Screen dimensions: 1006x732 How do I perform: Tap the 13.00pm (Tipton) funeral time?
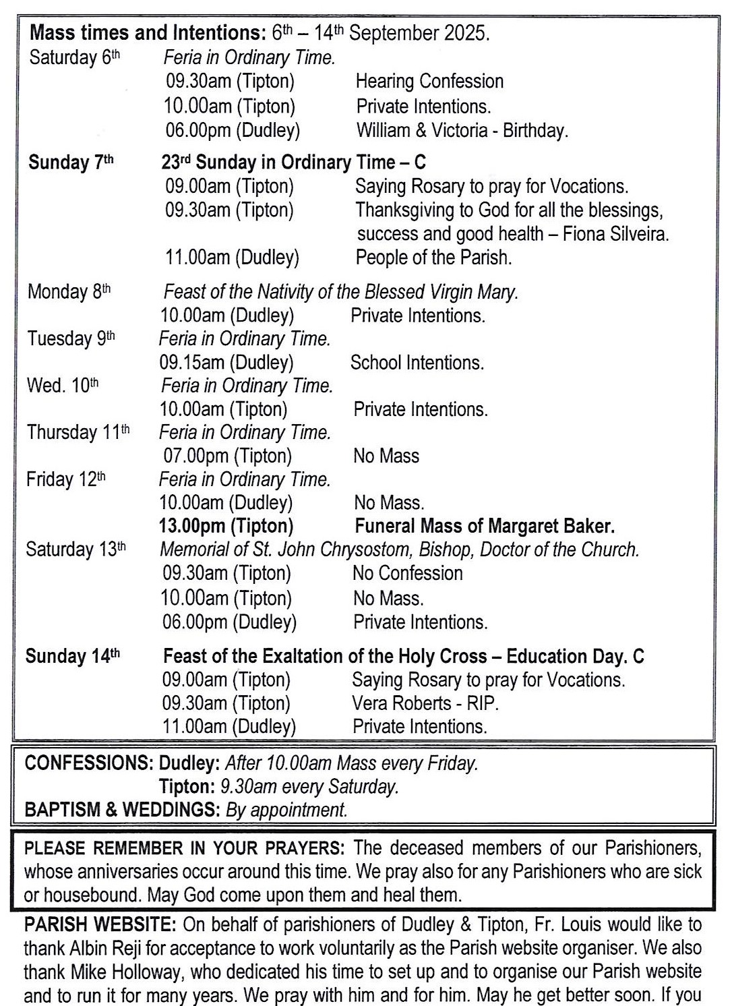[226, 526]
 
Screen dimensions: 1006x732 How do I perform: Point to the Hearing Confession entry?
[429, 82]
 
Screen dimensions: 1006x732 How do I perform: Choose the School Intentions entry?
[417, 363]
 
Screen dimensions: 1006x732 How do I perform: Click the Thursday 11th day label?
[78, 432]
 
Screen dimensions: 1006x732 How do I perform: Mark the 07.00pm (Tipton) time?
[227, 456]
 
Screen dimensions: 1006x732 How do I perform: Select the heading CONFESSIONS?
[89, 764]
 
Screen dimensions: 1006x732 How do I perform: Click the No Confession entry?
[407, 574]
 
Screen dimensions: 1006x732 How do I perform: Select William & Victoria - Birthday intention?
[462, 130]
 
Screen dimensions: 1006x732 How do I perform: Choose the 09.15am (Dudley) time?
[226, 363]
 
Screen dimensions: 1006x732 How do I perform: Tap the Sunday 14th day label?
[72, 657]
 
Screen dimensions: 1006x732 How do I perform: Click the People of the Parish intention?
[433, 258]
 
